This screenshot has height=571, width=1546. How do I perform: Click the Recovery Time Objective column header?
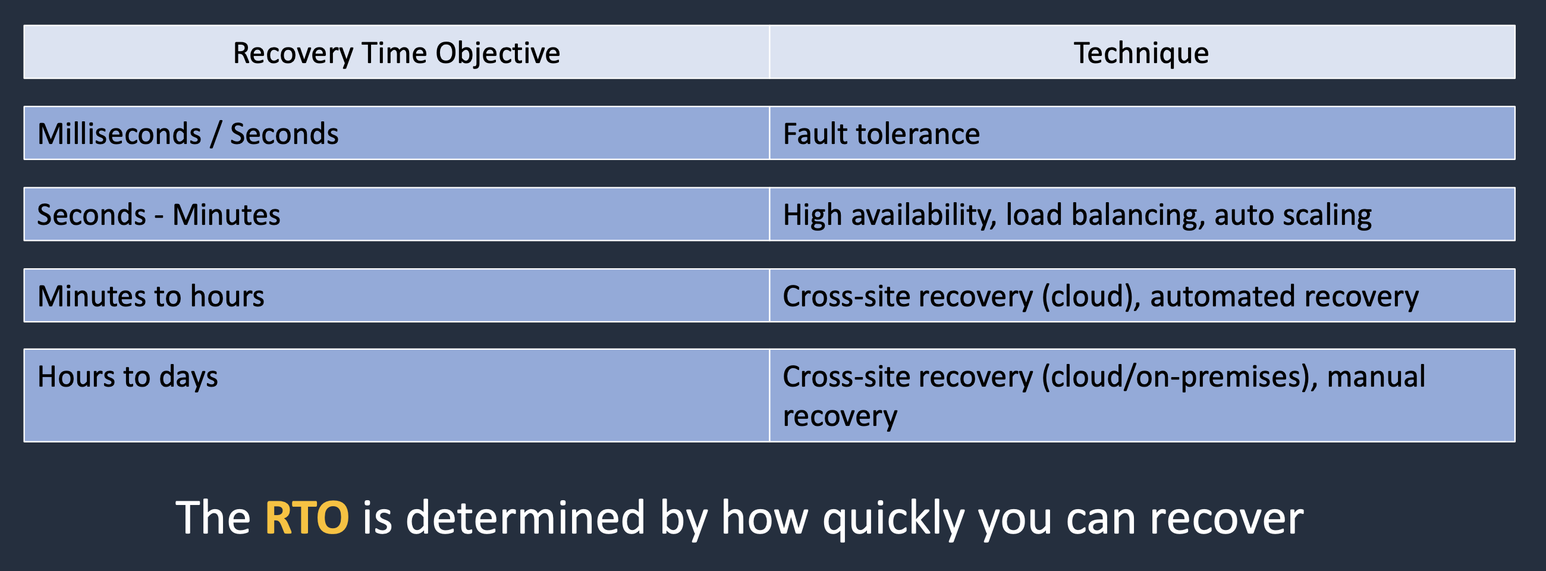click(x=396, y=52)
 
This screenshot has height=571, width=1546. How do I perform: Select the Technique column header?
click(x=1141, y=52)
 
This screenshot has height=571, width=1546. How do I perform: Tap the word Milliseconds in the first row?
click(x=120, y=133)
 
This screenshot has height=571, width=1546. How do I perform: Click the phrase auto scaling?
click(x=1293, y=215)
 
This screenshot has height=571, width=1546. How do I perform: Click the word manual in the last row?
click(x=1375, y=377)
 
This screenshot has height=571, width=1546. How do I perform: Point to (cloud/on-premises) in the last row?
click(x=1179, y=377)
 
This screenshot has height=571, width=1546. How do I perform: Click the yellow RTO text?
click(x=307, y=517)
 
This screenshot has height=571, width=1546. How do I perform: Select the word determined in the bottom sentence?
click(x=525, y=517)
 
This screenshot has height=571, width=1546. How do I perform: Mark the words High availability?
click(x=890, y=215)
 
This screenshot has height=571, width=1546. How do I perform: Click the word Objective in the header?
click(x=498, y=53)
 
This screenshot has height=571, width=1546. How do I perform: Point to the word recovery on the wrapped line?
click(x=840, y=416)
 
